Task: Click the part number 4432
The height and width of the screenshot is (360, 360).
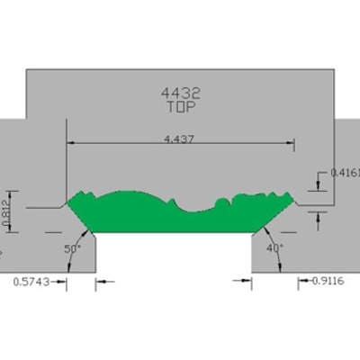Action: (180, 94)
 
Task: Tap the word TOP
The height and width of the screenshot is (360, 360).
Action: (182, 107)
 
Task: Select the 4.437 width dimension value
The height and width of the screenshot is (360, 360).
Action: (179, 139)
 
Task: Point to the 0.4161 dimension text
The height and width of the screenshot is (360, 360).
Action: (345, 173)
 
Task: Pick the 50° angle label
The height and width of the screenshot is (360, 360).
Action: (72, 248)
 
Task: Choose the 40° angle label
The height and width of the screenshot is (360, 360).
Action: (274, 248)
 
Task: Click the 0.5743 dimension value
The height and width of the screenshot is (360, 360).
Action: (31, 282)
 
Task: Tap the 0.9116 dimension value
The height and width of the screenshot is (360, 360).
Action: (328, 281)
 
